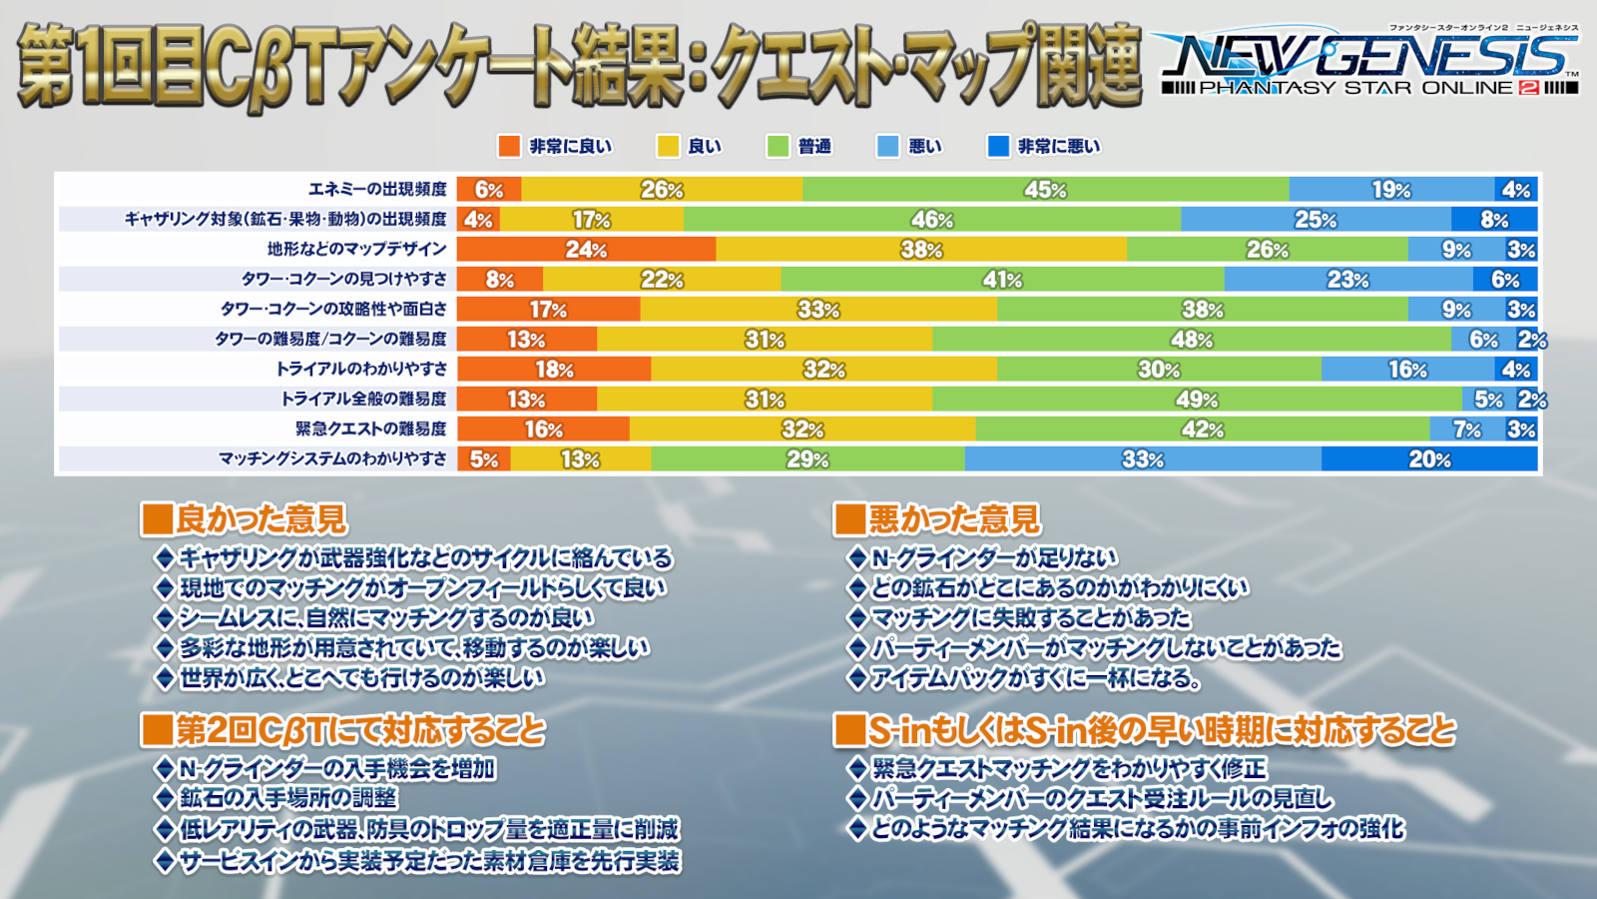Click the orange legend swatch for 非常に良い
[509, 146]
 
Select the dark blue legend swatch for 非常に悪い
[998, 146]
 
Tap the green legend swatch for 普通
[778, 146]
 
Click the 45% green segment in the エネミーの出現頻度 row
[1045, 189]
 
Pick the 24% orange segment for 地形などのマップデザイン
[586, 249]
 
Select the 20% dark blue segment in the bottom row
[1429, 458]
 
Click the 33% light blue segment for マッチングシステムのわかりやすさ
[1143, 458]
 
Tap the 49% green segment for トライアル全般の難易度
[1197, 399]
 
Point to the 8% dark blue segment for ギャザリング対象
[1494, 219]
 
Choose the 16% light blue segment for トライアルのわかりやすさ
[1407, 369]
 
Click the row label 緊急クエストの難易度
[370, 429]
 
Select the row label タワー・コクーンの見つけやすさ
[343, 279]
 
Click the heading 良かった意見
[261, 518]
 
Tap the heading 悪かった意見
[954, 518]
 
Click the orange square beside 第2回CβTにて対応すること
[157, 729]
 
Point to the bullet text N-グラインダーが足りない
[993, 557]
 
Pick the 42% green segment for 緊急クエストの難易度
[1203, 429]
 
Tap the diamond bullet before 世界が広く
[165, 677]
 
